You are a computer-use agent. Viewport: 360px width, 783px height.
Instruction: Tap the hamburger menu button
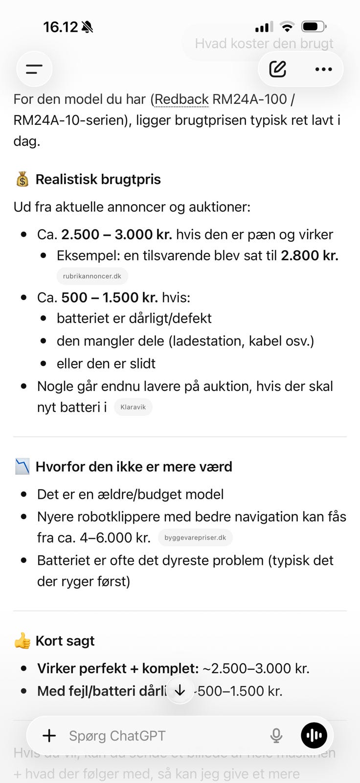(x=34, y=69)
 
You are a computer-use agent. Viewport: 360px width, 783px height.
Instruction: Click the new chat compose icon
(x=278, y=69)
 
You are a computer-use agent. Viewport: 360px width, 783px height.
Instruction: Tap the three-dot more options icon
(x=323, y=69)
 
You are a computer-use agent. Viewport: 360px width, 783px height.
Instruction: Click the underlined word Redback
(x=182, y=99)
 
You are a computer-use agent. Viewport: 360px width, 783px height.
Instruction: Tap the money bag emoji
(x=22, y=180)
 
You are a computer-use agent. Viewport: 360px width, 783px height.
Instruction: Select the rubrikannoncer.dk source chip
(x=92, y=276)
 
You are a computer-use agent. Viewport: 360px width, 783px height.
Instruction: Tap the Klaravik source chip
(x=133, y=407)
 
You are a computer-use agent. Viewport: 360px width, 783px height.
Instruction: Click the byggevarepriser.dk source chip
(x=195, y=538)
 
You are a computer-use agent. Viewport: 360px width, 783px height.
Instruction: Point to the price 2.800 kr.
(x=309, y=255)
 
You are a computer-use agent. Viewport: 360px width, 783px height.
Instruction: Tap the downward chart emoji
(x=22, y=467)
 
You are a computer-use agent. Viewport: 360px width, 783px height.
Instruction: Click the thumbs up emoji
(x=22, y=641)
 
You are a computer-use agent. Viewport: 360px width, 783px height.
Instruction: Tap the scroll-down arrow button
(x=180, y=690)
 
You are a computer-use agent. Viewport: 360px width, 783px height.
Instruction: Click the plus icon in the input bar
(x=49, y=736)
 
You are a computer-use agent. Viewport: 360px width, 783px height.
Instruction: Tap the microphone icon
(x=276, y=736)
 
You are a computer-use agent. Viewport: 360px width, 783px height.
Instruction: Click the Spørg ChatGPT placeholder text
(x=117, y=736)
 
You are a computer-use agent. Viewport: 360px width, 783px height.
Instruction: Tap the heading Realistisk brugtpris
(x=98, y=180)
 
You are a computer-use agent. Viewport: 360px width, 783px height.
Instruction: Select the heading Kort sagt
(x=65, y=641)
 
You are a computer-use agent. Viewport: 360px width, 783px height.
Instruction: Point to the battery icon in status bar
(x=314, y=26)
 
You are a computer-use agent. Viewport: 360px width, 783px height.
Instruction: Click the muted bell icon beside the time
(x=88, y=27)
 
